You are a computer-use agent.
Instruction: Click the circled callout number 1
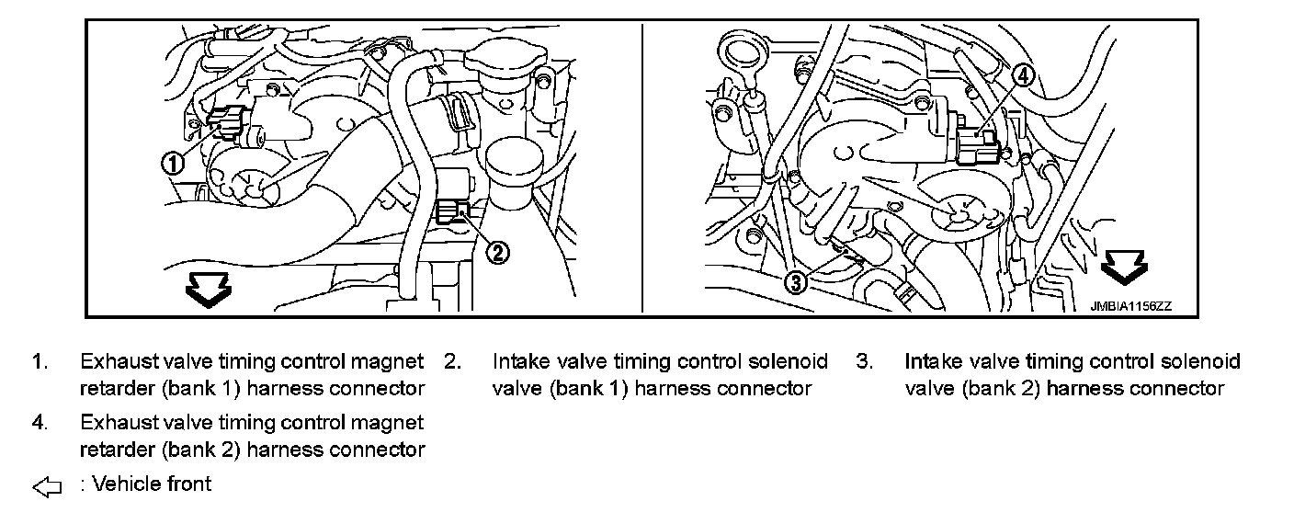[173, 163]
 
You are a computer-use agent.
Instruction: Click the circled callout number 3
[797, 281]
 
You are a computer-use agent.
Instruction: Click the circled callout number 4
[1024, 76]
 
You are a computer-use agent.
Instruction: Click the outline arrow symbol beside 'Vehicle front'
[46, 487]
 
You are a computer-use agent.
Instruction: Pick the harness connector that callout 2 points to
[455, 211]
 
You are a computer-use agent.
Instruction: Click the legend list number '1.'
[39, 362]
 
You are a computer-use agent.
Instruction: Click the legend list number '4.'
[39, 423]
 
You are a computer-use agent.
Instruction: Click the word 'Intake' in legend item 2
[520, 362]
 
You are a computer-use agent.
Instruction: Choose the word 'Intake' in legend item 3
[933, 362]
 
